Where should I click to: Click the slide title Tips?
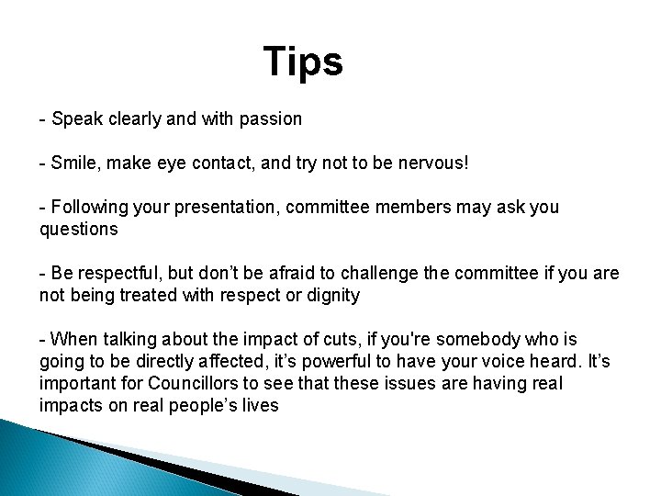coord(303,62)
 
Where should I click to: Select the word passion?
coord(273,118)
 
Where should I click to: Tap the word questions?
coord(79,229)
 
